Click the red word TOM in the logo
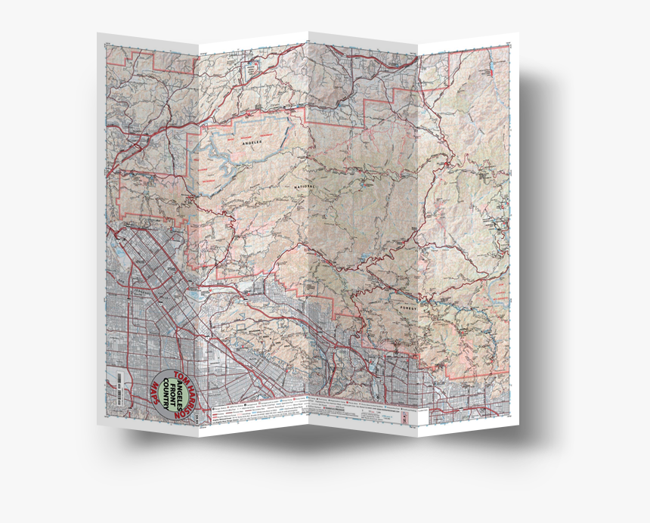tap(180, 376)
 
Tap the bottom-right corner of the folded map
tap(519, 424)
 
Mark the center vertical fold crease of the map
tap(308, 227)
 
